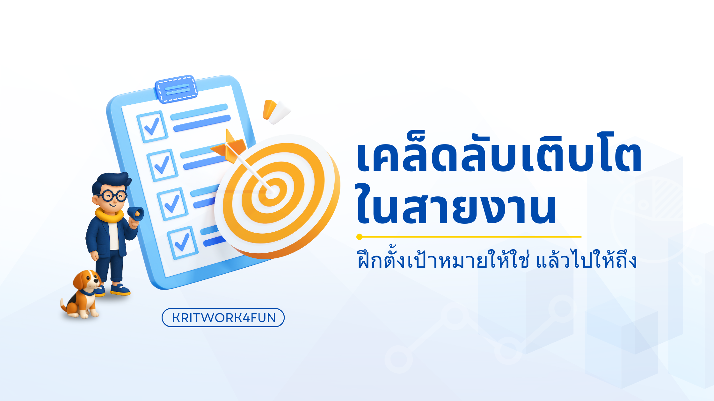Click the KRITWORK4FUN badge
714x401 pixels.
point(223,318)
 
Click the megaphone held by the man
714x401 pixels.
point(136,214)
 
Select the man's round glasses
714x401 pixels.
point(113,195)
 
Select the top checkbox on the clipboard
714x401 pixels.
point(152,127)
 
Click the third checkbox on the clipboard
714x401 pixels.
point(172,204)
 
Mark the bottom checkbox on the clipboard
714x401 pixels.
point(182,243)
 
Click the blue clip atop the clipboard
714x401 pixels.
point(176,89)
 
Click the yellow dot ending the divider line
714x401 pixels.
point(360,237)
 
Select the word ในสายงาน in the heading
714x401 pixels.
point(456,205)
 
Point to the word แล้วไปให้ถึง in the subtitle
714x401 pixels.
point(586,260)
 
